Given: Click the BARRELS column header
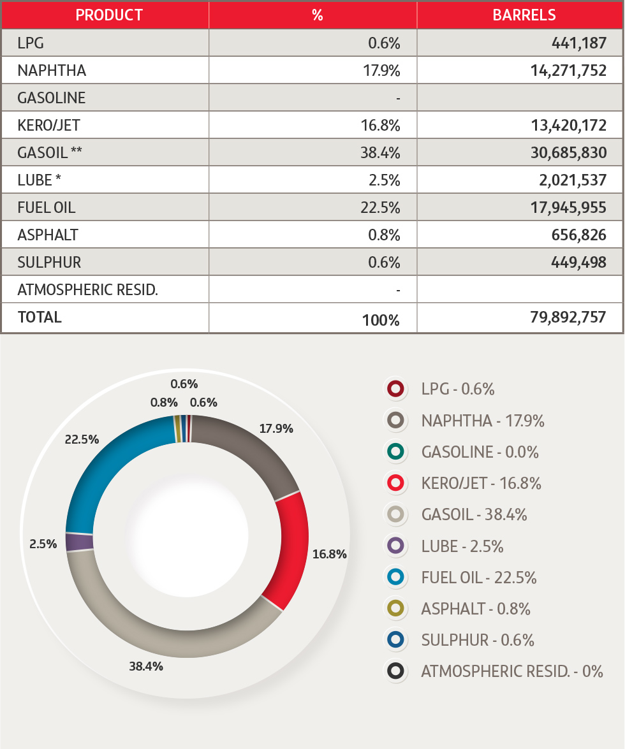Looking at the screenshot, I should [x=524, y=15].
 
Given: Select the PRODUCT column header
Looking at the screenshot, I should [x=109, y=15].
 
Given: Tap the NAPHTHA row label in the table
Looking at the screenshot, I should [x=52, y=70].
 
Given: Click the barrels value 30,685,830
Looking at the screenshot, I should [x=568, y=153].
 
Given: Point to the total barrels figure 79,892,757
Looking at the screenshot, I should [x=568, y=317].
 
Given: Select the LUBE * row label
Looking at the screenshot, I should [x=40, y=180].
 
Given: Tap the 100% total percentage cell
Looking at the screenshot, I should [x=381, y=320].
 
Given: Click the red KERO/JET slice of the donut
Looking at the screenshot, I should [x=290, y=548].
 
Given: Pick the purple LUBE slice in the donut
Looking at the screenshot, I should [x=80, y=542].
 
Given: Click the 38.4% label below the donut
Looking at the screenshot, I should [x=146, y=667].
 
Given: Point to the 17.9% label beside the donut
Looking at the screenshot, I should [x=276, y=428].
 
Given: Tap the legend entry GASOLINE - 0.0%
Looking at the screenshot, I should [x=480, y=452].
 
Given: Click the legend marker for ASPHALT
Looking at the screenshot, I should [x=395, y=609].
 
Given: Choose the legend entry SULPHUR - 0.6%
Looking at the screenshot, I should [x=478, y=640].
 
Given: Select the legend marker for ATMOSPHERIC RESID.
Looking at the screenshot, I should [x=395, y=671].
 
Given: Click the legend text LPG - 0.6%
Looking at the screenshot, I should [x=458, y=389].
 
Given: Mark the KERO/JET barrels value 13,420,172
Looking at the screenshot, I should [x=568, y=126].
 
